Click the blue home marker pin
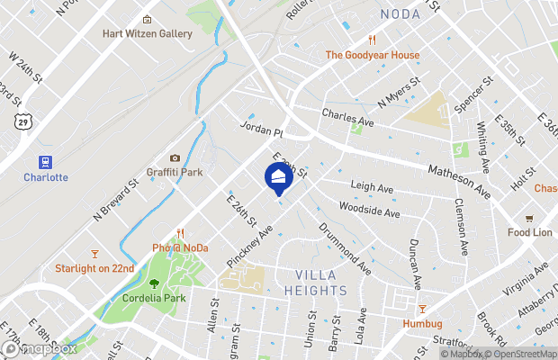coord(278,175)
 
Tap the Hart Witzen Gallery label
coord(148,33)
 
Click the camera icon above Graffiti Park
coord(175,158)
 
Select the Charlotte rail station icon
coord(41,161)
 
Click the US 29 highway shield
coord(20,120)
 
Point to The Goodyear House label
coord(372,55)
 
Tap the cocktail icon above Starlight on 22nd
coord(94,254)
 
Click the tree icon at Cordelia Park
coord(154,283)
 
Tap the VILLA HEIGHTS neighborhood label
coord(315,283)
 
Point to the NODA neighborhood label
coord(400,13)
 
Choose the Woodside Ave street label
coord(369,210)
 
